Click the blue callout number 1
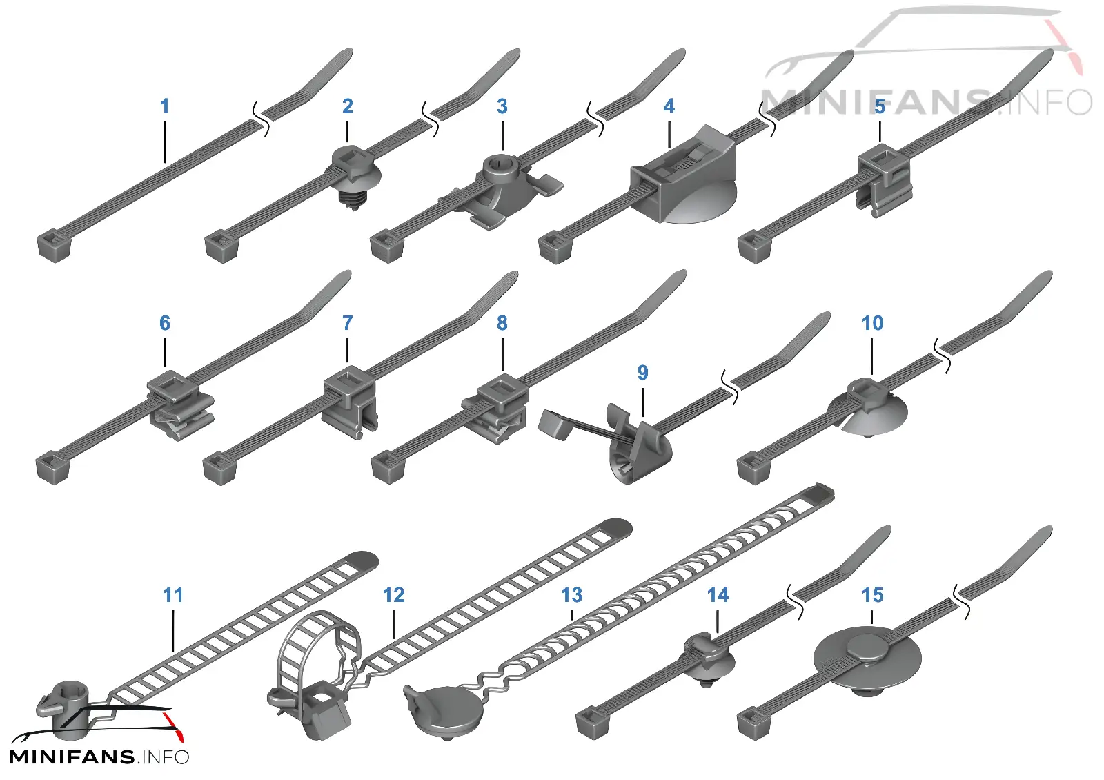coord(165,106)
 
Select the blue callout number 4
coord(669,106)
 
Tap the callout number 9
coord(642,373)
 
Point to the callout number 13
coord(572,595)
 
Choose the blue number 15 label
coord(872,595)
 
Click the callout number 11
coord(173,595)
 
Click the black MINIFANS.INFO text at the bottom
coord(99,757)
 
